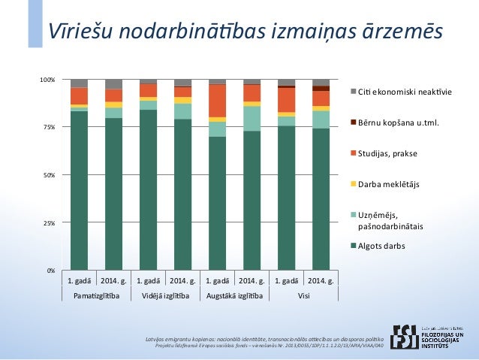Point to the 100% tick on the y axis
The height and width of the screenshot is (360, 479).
coord(47,80)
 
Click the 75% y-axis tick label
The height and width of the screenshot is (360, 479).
coord(49,128)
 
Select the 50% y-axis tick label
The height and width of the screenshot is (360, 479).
coord(49,175)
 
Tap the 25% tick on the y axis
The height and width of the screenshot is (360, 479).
coord(49,223)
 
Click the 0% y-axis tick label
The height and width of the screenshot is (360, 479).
coord(50,271)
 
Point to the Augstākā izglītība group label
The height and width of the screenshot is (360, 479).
coord(234,296)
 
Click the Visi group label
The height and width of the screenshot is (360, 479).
coord(304,296)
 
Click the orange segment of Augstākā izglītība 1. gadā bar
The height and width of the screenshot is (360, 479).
coord(218,101)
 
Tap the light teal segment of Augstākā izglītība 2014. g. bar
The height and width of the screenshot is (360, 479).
coord(252,119)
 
